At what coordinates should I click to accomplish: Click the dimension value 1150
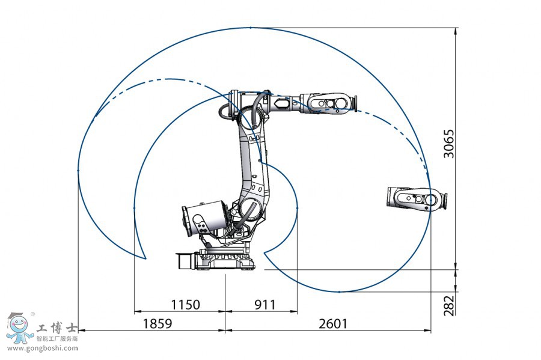tap(185, 305)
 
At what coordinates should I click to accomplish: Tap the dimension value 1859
tap(157, 323)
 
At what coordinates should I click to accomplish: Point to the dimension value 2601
tap(332, 323)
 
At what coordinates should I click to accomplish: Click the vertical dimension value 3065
tap(449, 144)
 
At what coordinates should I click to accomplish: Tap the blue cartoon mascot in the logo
tap(19, 328)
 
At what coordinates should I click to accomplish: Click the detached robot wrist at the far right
tap(417, 199)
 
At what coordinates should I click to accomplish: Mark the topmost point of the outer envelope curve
tap(250, 28)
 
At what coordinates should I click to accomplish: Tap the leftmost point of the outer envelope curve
tap(79, 171)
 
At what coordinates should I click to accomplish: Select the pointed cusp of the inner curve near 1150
tap(145, 259)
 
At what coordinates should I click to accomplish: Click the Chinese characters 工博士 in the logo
tap(57, 329)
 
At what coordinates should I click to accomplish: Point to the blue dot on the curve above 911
tap(297, 209)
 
